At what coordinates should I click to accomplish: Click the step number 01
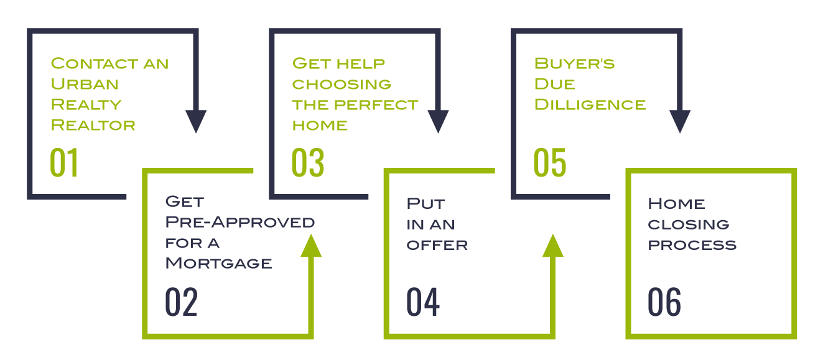coord(64,162)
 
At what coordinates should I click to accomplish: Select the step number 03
coord(307,162)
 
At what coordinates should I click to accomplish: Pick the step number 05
coord(550,162)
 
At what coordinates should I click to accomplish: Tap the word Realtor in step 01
coord(93,125)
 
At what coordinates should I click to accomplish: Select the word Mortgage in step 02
coord(218,263)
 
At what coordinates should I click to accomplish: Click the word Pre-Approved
coord(239,222)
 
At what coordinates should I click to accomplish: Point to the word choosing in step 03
coord(342,84)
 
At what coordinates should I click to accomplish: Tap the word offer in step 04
coord(437,244)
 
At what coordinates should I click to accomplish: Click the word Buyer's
coord(574,63)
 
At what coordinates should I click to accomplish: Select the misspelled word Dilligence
coord(590,104)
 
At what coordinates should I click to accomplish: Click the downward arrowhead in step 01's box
coord(196,121)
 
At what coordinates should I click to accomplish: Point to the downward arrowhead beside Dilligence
coord(679,121)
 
